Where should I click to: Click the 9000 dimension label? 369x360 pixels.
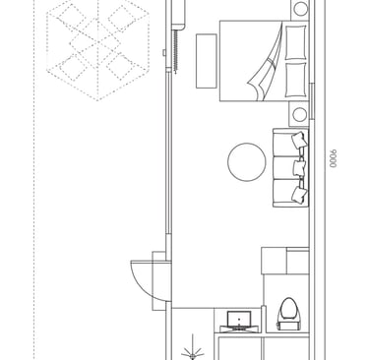coord(334,159)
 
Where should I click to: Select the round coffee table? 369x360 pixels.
coord(247,162)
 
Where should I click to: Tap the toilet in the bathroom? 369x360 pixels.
coord(288,314)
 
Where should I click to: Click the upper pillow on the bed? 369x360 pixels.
coord(296,42)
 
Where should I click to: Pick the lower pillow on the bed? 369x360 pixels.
coord(296,80)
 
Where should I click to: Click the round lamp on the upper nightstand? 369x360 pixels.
coord(301,9)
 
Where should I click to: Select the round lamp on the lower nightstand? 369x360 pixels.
coord(299,114)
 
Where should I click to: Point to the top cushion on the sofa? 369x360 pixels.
coord(299,140)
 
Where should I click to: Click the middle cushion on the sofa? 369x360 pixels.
coord(299,168)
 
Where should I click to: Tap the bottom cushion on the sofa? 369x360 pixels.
coord(299,195)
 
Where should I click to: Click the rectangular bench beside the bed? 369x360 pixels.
coord(207,61)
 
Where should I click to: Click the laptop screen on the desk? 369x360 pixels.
coord(239,318)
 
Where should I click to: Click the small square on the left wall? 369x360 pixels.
coord(164,52)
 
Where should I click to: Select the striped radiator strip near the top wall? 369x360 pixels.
coord(176,52)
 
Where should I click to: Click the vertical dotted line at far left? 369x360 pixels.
coord(34,180)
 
